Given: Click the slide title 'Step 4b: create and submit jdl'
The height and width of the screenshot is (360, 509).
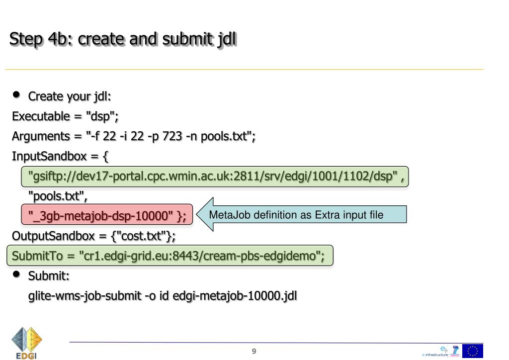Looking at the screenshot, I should [123, 39].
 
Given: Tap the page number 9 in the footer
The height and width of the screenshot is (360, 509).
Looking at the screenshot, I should [254, 352].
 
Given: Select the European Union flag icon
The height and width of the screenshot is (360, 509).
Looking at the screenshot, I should [472, 351].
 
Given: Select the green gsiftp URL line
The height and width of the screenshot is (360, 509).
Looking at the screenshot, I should [215, 177].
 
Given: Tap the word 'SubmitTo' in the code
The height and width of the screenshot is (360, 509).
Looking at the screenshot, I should [33, 256].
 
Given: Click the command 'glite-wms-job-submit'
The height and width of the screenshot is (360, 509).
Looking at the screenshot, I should [84, 296].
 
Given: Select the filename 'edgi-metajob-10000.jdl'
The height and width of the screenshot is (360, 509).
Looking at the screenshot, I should [235, 296].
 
